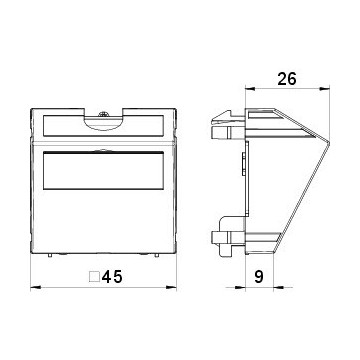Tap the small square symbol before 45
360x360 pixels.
93,277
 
